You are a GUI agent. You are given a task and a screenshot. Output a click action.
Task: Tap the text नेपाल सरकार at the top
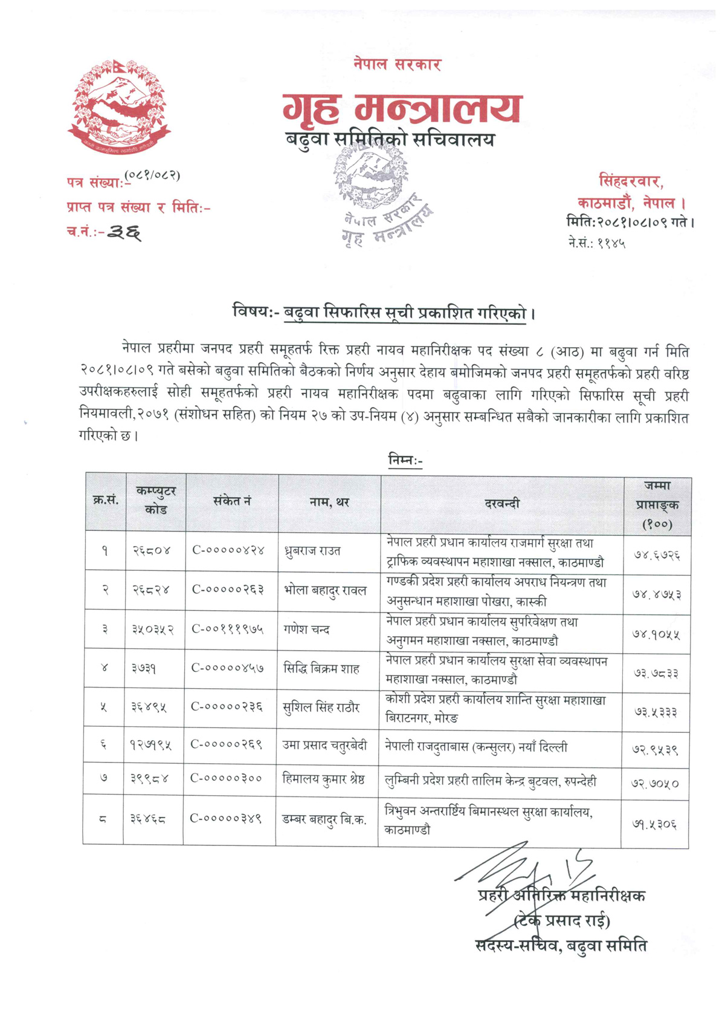(397, 64)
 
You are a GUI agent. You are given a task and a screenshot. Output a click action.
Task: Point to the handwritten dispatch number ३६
(124, 232)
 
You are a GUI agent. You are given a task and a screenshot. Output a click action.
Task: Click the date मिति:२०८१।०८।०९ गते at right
(630, 222)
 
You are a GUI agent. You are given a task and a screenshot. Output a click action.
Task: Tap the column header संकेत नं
(232, 501)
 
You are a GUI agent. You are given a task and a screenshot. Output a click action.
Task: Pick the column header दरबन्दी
(501, 503)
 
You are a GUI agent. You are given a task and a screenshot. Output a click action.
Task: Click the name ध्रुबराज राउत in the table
(312, 551)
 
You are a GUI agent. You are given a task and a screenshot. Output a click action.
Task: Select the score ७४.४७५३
(656, 594)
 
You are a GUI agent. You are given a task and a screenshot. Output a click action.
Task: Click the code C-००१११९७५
(228, 629)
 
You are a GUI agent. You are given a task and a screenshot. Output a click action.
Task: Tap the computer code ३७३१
(144, 668)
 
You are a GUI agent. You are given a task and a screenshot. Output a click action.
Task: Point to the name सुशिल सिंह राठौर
(321, 707)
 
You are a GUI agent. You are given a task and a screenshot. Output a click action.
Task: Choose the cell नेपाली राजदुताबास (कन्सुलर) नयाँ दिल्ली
(476, 747)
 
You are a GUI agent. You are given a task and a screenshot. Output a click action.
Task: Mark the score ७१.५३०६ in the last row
(654, 824)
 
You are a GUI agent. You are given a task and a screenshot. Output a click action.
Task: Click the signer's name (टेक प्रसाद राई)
(562, 921)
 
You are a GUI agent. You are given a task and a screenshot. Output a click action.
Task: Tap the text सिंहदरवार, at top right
(631, 181)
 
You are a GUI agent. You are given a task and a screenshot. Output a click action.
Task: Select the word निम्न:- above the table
(405, 461)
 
